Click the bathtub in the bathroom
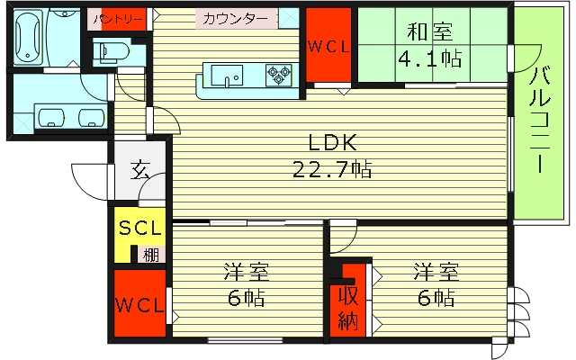pyautogui.click(x=28, y=37)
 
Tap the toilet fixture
pyautogui.click(x=110, y=51)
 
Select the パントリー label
pyautogui.click(x=118, y=19)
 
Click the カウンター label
pyautogui.click(x=235, y=19)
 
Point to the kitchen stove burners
pyautogui.click(x=279, y=76)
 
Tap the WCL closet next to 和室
pyautogui.click(x=328, y=46)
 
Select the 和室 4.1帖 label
pyautogui.click(x=430, y=45)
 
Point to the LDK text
pyautogui.click(x=332, y=142)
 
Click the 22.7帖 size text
pyautogui.click(x=332, y=170)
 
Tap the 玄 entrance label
pyautogui.click(x=140, y=169)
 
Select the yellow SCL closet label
pyautogui.click(x=140, y=228)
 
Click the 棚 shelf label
pyautogui.click(x=151, y=255)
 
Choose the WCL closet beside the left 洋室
pyautogui.click(x=139, y=304)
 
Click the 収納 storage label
pyautogui.click(x=347, y=308)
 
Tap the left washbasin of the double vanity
pyautogui.click(x=51, y=117)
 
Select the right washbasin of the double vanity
pyautogui.click(x=92, y=118)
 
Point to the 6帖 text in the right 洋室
pyautogui.click(x=436, y=298)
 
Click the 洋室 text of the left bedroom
pyautogui.click(x=247, y=272)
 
